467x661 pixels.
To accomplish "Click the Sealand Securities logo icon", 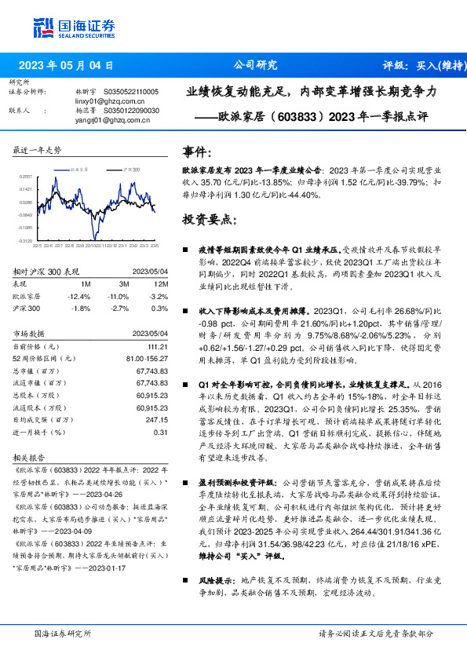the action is coord(45,27).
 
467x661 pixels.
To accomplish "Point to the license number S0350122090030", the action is coord(133,111).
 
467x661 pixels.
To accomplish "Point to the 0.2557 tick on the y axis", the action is coord(26,177).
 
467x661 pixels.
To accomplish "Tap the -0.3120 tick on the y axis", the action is coord(26,241).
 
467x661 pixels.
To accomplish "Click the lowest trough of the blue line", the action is coord(95,238).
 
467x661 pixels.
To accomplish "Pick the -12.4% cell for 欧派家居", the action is coord(80,296).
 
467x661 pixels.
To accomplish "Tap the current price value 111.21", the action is coord(158,346).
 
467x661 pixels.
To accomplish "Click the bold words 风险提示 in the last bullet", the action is coord(212,582).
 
